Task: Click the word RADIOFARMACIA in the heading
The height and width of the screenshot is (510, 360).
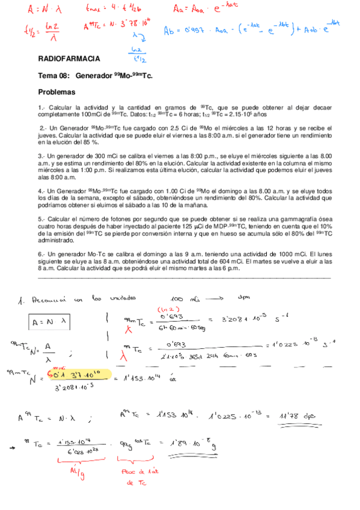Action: (x=69, y=59)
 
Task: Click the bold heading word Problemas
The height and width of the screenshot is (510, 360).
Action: (x=56, y=93)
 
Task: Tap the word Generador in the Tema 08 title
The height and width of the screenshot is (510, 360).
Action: (x=99, y=76)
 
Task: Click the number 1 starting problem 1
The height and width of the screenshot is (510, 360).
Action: (x=40, y=106)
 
